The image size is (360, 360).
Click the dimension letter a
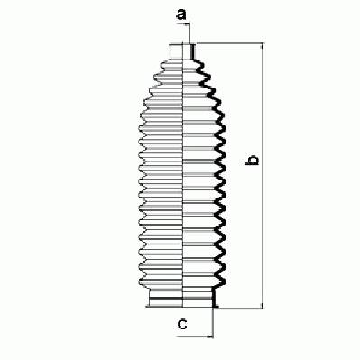(x=181, y=14)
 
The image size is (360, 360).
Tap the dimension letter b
(x=252, y=161)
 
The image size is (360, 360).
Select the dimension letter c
(x=182, y=324)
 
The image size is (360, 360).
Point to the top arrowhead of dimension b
(x=263, y=46)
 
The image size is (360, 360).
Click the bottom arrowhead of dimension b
(x=263, y=306)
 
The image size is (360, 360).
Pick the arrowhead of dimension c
(x=210, y=337)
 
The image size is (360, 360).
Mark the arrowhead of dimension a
(x=188, y=23)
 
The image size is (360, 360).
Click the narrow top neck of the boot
(x=183, y=51)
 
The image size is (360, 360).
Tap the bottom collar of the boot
(x=182, y=298)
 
